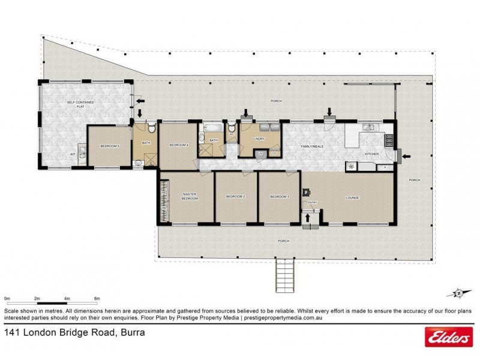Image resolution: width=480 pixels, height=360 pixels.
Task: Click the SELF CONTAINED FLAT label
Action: click(x=84, y=105)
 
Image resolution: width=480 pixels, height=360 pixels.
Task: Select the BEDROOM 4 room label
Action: click(x=179, y=145)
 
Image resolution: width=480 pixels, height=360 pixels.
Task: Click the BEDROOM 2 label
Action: click(x=236, y=197)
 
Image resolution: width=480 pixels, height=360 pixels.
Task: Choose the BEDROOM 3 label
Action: click(x=279, y=197)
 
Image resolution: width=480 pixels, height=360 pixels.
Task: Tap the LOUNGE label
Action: click(x=352, y=197)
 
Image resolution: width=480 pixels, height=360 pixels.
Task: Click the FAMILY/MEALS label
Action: click(x=312, y=146)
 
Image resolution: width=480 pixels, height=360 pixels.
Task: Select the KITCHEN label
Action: click(x=372, y=154)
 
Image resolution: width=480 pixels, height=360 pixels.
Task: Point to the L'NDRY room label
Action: click(x=260, y=139)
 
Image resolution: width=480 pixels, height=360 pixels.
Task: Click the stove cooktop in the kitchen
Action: click(x=389, y=141)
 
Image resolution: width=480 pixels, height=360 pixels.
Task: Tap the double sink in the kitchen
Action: click(x=368, y=126)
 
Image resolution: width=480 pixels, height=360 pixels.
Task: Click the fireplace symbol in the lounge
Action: click(x=305, y=193)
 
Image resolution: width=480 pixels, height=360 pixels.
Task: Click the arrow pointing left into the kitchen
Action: click(x=406, y=157)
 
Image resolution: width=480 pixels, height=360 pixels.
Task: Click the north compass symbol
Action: click(x=458, y=293)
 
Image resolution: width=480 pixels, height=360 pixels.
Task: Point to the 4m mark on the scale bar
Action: click(x=67, y=298)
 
